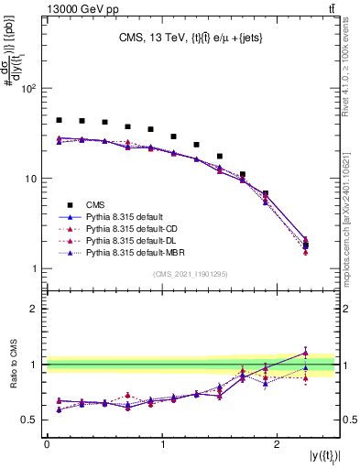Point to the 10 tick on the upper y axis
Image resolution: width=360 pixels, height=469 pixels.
click(x=28, y=179)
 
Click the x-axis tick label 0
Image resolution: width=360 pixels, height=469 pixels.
click(x=46, y=445)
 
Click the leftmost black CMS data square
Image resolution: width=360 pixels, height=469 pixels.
click(x=59, y=120)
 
